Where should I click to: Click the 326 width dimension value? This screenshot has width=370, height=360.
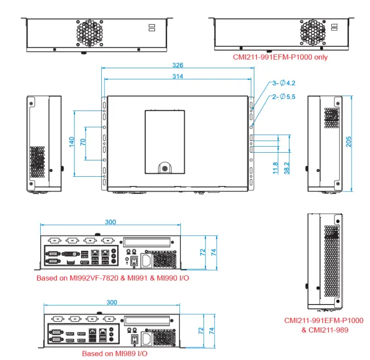click(x=177, y=65)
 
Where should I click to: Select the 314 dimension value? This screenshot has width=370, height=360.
click(x=177, y=76)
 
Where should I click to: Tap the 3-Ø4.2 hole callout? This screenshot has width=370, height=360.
click(x=284, y=83)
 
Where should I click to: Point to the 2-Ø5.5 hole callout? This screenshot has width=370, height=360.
click(x=284, y=96)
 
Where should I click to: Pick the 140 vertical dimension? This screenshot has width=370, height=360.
click(x=72, y=142)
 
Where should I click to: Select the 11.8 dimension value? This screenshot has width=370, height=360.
click(x=276, y=168)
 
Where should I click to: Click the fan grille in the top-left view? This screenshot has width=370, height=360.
click(x=90, y=32)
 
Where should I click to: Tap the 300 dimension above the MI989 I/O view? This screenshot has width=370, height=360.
click(x=112, y=302)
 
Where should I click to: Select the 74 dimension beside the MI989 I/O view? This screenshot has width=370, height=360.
click(x=212, y=330)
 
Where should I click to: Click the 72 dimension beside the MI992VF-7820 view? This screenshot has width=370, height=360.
click(x=202, y=252)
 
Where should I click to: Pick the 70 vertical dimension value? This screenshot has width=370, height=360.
click(x=83, y=142)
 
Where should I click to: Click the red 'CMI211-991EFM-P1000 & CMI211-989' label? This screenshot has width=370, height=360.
click(x=324, y=325)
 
